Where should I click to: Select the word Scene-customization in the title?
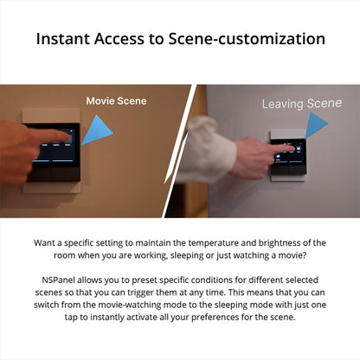(x=251, y=39)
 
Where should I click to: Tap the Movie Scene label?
(x=116, y=101)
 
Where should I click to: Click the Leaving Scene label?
(x=302, y=104)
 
